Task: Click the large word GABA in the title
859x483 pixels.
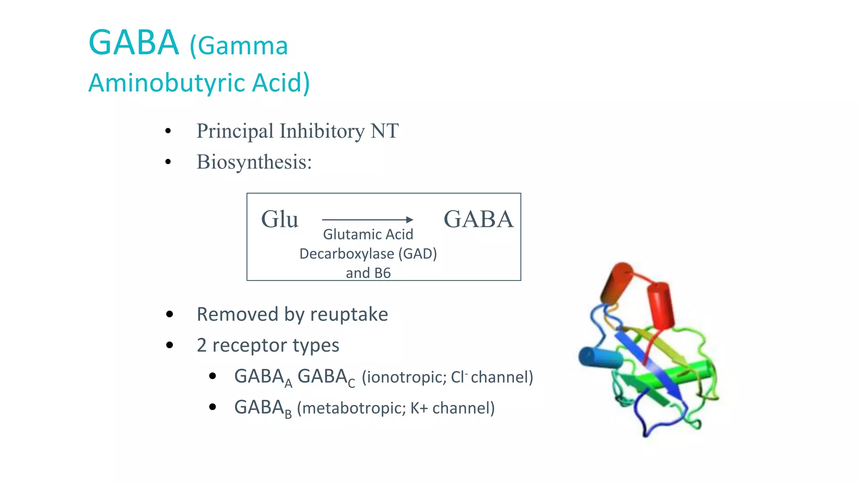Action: pyautogui.click(x=133, y=43)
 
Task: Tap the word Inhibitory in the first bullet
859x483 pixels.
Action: pyautogui.click(x=322, y=131)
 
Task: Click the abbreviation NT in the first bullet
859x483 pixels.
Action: pyautogui.click(x=384, y=131)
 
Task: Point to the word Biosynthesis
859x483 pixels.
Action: pyautogui.click(x=254, y=162)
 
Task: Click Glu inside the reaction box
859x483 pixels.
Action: pyautogui.click(x=279, y=219)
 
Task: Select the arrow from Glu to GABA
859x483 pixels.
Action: pyautogui.click(x=367, y=219)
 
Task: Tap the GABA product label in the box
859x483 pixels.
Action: pyautogui.click(x=478, y=219)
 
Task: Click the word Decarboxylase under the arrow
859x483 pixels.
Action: pyautogui.click(x=346, y=254)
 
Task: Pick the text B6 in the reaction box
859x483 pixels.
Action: pyautogui.click(x=382, y=273)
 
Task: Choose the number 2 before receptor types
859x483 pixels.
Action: pyautogui.click(x=202, y=345)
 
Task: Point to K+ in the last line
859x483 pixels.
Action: pyautogui.click(x=419, y=408)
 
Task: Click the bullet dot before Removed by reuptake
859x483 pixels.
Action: pyautogui.click(x=169, y=314)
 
